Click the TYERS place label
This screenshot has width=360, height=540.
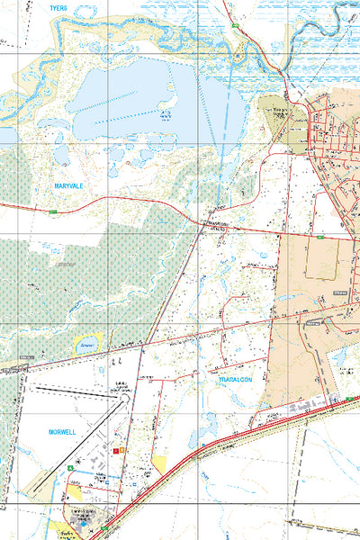(x=58, y=7)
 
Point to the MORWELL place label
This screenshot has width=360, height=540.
(x=64, y=432)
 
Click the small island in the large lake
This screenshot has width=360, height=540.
(x=166, y=114)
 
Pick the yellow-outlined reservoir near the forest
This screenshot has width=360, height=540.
(x=88, y=344)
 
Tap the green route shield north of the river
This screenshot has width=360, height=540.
(x=236, y=28)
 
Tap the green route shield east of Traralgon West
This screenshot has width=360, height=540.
(x=319, y=238)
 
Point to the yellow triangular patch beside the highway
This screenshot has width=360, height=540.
(x=161, y=464)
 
